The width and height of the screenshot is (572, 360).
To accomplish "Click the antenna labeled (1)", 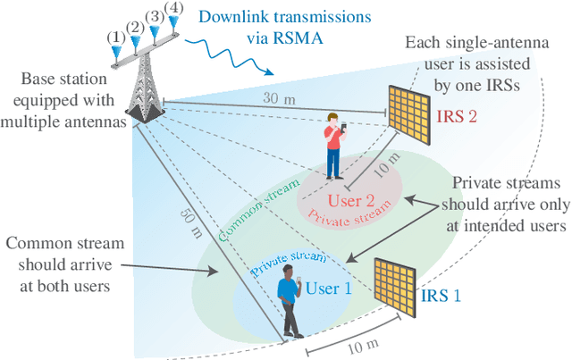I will [115, 54].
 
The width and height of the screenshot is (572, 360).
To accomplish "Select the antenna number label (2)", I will [135, 27].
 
